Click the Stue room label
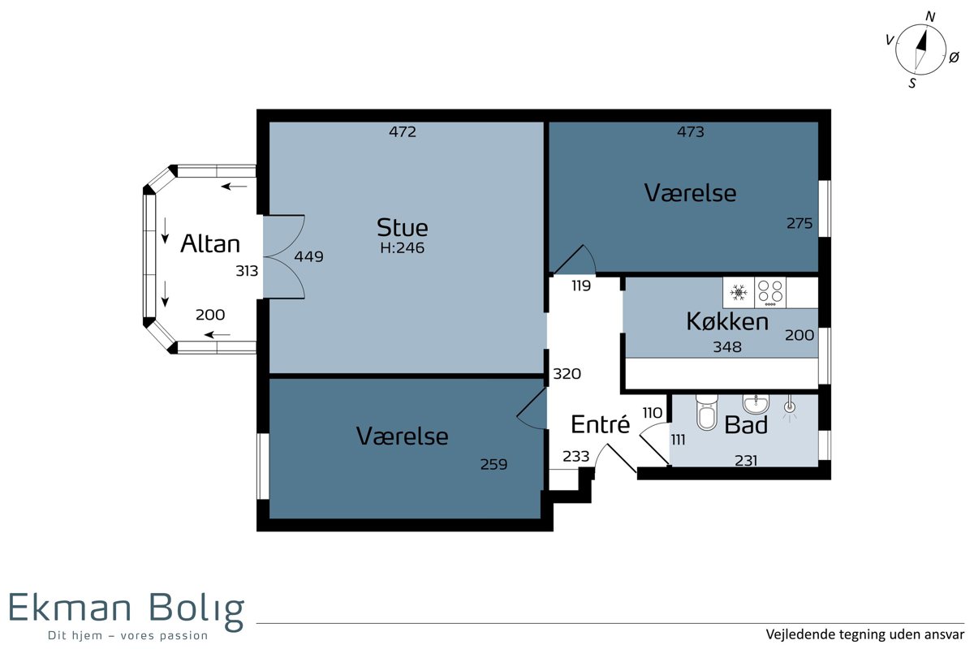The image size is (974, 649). (x=403, y=227)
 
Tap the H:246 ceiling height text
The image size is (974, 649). (x=403, y=247)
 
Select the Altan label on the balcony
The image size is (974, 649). (x=210, y=243)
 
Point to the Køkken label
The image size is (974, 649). (x=727, y=322)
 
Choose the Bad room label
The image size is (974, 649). (x=746, y=425)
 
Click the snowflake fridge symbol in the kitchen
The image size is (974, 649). (x=739, y=293)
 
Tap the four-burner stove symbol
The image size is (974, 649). (x=770, y=293)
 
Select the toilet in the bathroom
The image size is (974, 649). (x=706, y=412)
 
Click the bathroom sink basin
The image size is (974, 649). (x=756, y=404)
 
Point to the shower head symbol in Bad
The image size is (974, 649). (x=790, y=407)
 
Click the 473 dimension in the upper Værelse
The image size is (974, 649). (x=691, y=131)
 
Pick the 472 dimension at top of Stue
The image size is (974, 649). (x=403, y=131)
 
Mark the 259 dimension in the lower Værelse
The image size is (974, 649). (x=493, y=464)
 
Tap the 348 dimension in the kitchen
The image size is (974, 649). (x=727, y=346)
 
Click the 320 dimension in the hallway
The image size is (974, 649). (x=567, y=373)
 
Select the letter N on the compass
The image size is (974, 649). (x=930, y=16)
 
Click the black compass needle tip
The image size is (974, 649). (x=926, y=31)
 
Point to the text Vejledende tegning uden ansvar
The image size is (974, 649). (x=865, y=634)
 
